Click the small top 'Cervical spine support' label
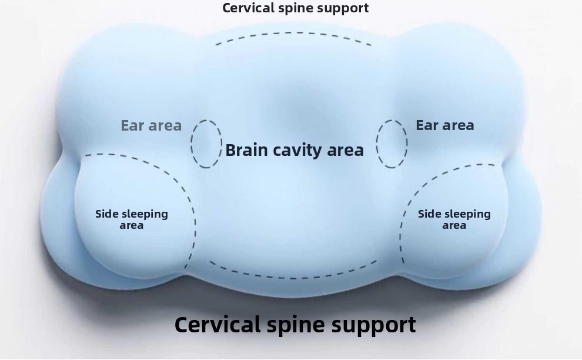pyautogui.click(x=295, y=8)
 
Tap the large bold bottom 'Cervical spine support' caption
pyautogui.click(x=295, y=325)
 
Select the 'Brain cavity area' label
pyautogui.click(x=295, y=150)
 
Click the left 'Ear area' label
pyautogui.click(x=151, y=125)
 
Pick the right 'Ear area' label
pyautogui.click(x=444, y=125)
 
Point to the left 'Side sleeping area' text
pyautogui.click(x=132, y=219)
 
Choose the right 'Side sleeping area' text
pyautogui.click(x=454, y=219)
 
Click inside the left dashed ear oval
pyautogui.click(x=206, y=144)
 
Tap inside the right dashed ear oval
pyautogui.click(x=392, y=144)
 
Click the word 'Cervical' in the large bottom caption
pyautogui.click(x=218, y=325)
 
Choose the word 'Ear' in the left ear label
pyautogui.click(x=132, y=125)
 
